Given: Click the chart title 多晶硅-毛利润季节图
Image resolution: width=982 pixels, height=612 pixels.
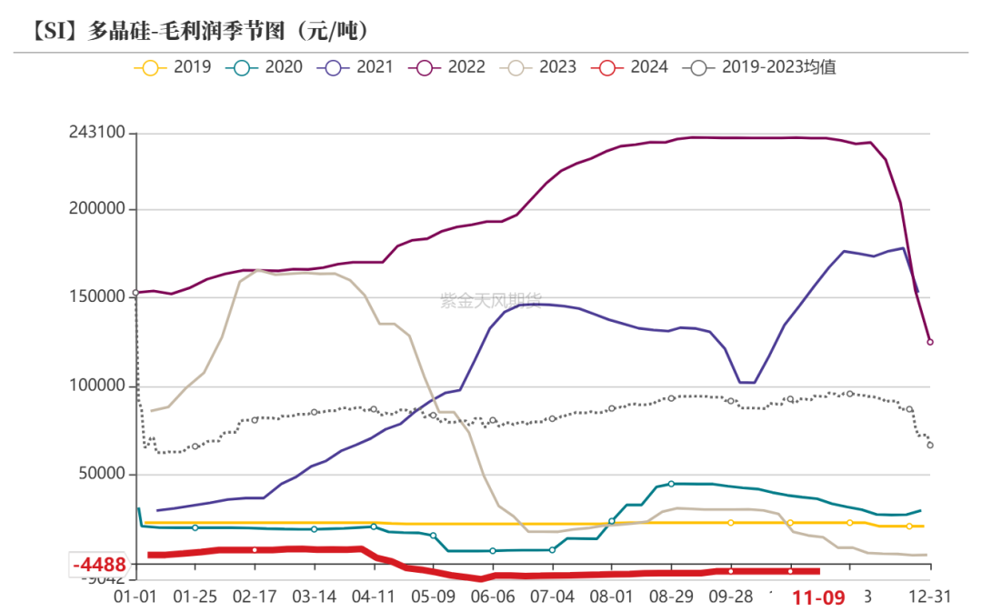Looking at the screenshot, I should pyautogui.click(x=200, y=32).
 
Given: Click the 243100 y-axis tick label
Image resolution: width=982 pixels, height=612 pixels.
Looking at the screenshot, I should pyautogui.click(x=97, y=133).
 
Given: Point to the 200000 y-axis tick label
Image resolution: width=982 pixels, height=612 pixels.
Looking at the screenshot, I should pyautogui.click(x=97, y=209).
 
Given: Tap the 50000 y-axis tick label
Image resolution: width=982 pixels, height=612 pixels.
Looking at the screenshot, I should pyautogui.click(x=102, y=475).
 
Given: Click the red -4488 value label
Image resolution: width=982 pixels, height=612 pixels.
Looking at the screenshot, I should pyautogui.click(x=99, y=565).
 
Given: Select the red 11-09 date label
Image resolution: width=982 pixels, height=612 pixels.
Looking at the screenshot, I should pyautogui.click(x=819, y=597).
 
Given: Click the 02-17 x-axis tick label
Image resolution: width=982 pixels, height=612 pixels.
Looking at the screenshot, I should pyautogui.click(x=255, y=597).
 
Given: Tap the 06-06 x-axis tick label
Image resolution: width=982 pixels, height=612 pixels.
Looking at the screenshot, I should pyautogui.click(x=493, y=597).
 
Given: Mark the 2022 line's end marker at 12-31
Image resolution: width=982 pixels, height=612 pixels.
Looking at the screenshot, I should pyautogui.click(x=929, y=342).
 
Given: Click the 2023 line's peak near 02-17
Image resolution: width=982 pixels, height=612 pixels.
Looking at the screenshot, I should pyautogui.click(x=259, y=270).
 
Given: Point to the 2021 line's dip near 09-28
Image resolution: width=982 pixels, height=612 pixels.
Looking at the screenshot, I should pyautogui.click(x=746, y=382).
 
